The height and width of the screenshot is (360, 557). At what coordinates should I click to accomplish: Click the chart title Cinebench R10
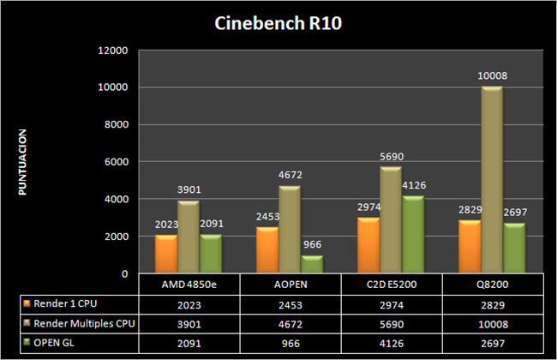[x=278, y=22]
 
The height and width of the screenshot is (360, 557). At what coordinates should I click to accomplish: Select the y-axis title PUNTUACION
[x=24, y=162]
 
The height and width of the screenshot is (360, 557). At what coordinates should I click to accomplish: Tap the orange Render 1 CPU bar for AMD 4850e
[x=166, y=254]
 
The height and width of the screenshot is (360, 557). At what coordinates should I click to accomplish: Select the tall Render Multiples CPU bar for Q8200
[x=492, y=180]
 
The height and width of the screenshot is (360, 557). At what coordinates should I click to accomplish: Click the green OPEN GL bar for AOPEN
[x=313, y=264]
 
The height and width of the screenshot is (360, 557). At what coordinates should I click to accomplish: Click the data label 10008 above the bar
[x=492, y=76]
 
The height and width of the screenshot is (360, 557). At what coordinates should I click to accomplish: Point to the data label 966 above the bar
[x=313, y=244]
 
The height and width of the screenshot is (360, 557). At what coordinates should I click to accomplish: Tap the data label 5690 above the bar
[x=391, y=157]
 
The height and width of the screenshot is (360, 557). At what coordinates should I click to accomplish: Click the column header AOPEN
[x=290, y=285]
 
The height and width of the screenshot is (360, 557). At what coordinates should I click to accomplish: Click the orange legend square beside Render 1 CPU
[x=27, y=303]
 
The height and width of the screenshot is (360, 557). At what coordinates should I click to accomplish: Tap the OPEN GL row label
[x=59, y=342]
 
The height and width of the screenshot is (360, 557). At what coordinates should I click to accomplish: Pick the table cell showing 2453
[x=290, y=303]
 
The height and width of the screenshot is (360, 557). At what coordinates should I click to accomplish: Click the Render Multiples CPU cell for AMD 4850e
[x=189, y=322]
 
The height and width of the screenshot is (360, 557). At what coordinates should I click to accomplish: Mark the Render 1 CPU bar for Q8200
[x=469, y=247]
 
